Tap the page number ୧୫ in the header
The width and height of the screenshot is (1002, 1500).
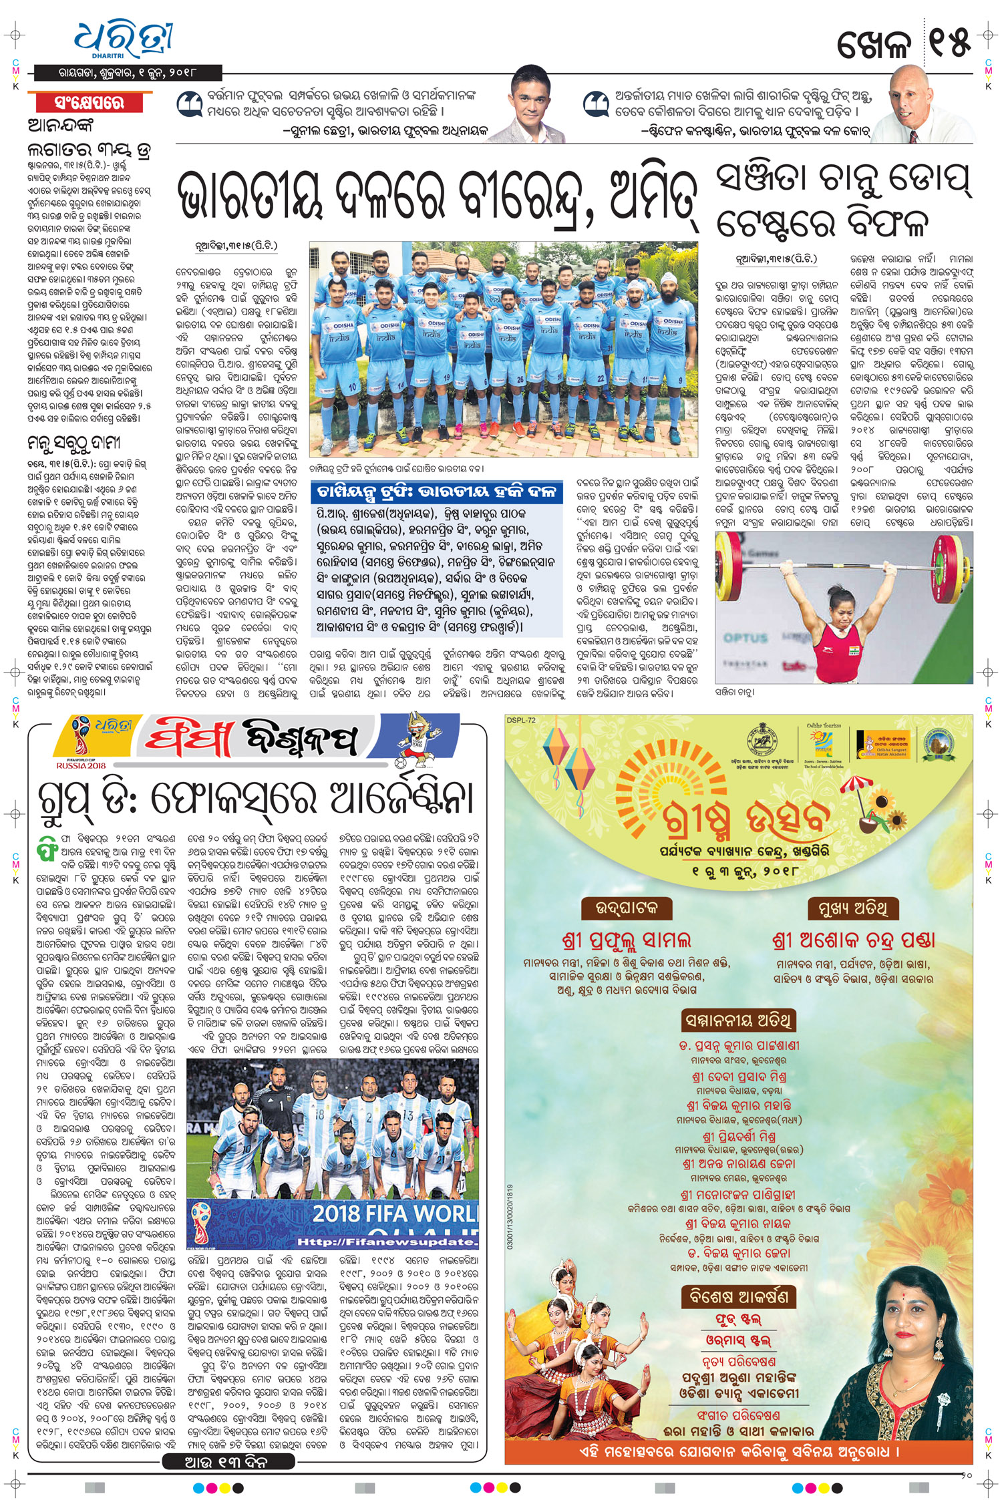tap(948, 43)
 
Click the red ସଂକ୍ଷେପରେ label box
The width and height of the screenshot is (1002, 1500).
tap(90, 103)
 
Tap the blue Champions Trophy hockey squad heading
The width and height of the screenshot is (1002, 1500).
tap(437, 493)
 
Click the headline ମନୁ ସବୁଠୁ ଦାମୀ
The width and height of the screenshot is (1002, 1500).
tap(73, 443)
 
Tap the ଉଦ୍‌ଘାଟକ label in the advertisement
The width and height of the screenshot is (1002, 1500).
tap(626, 908)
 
